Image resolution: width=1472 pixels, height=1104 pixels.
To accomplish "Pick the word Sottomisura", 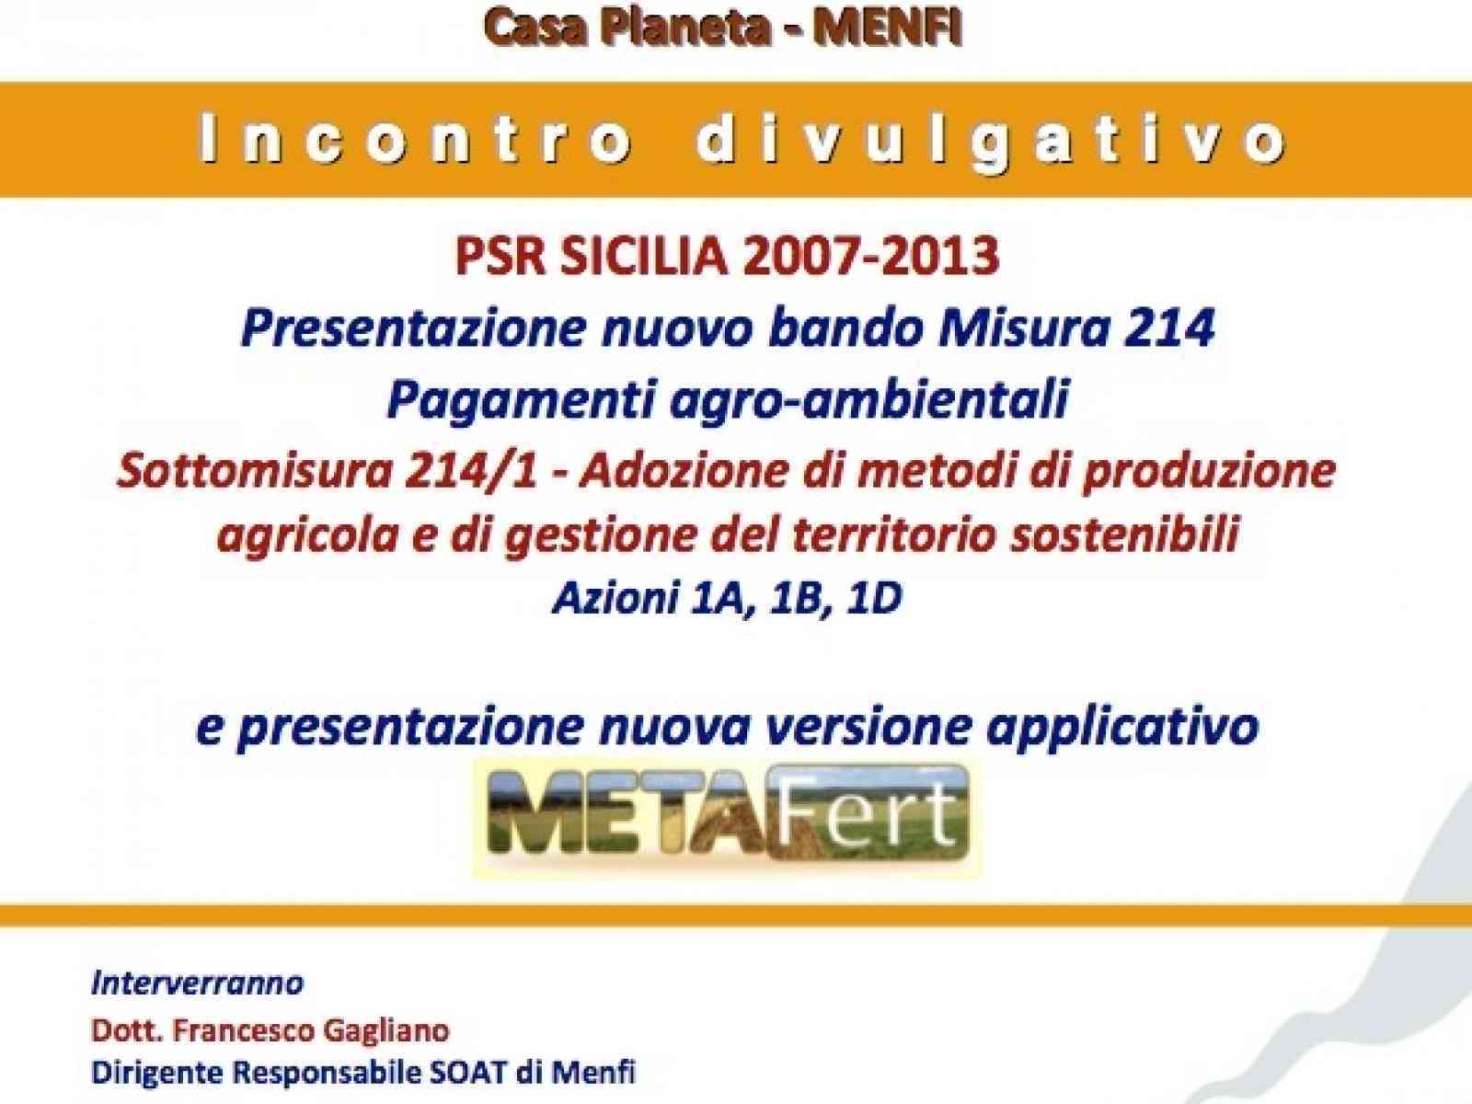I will [x=234, y=472].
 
